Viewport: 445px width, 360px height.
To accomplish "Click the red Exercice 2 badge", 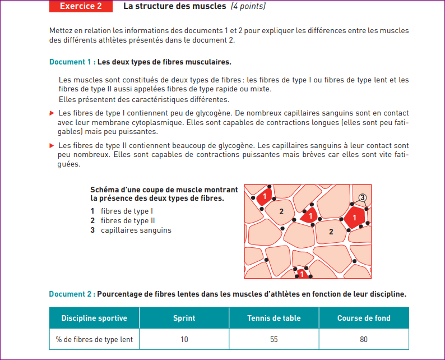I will coord(81,6).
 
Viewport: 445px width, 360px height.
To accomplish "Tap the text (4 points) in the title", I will coord(248,6).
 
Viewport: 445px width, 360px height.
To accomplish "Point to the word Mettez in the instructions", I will coord(61,30).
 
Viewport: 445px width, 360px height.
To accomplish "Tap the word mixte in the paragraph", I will coord(260,89).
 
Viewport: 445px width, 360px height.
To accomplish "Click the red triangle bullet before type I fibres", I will coord(52,113).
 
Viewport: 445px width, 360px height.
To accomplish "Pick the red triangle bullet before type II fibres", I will coord(52,145).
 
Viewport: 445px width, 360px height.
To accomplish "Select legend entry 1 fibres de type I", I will coord(122,211).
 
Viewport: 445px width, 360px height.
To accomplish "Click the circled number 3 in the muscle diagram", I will coord(363,197).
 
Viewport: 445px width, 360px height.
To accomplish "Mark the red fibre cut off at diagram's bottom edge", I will coord(302,274).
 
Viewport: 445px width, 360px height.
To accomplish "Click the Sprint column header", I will coord(184,318).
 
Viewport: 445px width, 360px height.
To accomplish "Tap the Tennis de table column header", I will coord(274,318).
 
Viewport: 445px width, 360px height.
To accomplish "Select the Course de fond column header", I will coord(364,318).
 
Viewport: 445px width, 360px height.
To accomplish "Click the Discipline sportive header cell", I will coord(94,318).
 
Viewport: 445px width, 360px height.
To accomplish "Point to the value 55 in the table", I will coord(274,339).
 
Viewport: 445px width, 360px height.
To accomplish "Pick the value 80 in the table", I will coord(364,339).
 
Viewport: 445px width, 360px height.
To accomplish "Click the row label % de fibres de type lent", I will coord(94,339).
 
